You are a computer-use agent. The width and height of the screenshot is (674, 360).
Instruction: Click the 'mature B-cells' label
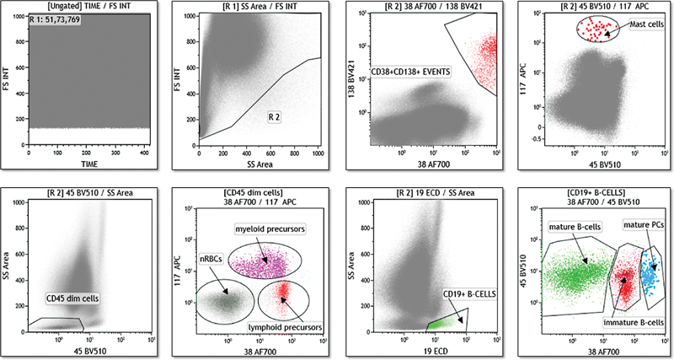click(x=573, y=228)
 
